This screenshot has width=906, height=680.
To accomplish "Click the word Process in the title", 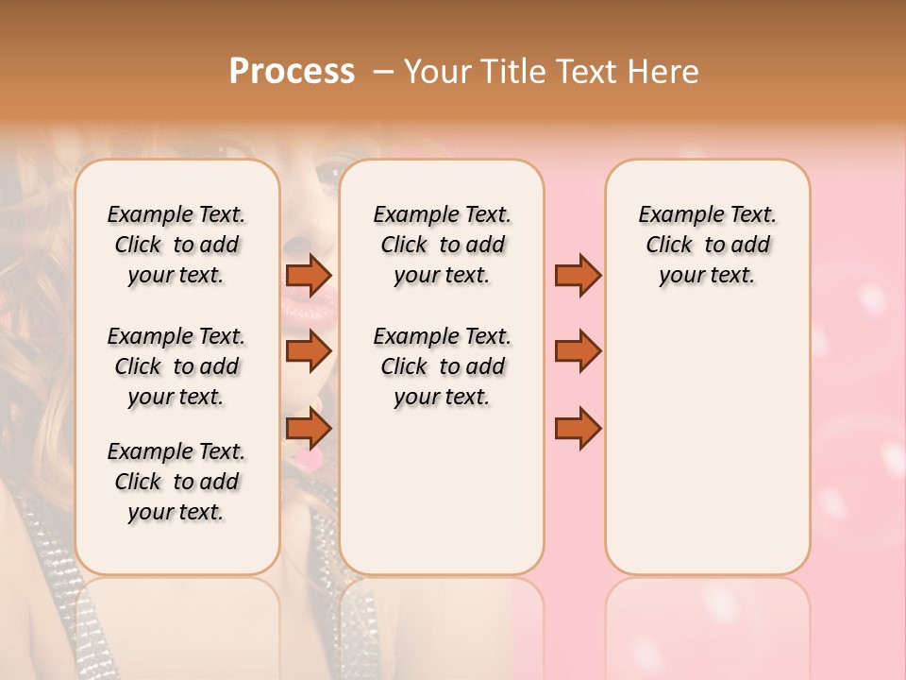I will click(292, 72).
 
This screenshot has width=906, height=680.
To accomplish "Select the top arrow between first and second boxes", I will click(308, 275).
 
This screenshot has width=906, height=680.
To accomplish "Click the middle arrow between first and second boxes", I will click(308, 351).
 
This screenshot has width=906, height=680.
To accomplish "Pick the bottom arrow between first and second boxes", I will click(308, 429).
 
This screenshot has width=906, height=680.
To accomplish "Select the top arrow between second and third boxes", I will click(578, 275).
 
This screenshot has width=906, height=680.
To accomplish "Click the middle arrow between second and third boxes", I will click(578, 351).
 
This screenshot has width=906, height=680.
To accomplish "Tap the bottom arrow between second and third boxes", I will click(578, 429).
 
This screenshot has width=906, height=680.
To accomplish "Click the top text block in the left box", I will click(176, 245).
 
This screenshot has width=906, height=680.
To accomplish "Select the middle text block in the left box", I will click(176, 366).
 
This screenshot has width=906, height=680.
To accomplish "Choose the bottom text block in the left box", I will click(176, 482).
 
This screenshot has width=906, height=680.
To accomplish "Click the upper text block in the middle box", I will click(442, 245).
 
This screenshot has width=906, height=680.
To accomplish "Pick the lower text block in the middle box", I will click(442, 366).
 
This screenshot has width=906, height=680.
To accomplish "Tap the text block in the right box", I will click(707, 245).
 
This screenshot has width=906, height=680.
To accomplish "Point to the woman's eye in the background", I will click(329, 173).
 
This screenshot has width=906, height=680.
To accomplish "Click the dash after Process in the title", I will click(382, 72).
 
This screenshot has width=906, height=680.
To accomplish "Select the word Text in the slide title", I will click(579, 72).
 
